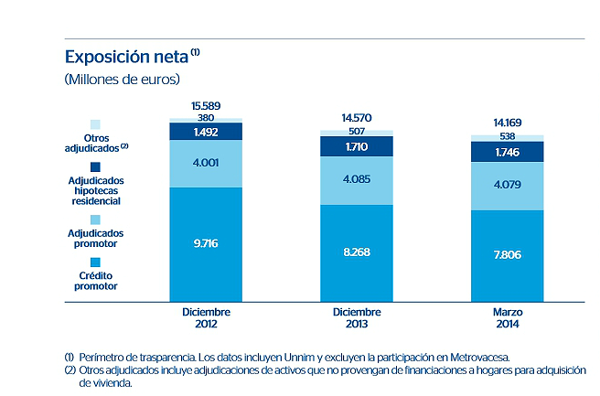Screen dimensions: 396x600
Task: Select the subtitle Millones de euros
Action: click(x=123, y=79)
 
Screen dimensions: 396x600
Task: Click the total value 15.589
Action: click(x=206, y=105)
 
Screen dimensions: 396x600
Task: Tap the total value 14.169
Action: click(x=507, y=123)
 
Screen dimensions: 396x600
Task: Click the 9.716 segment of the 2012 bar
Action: click(x=206, y=244)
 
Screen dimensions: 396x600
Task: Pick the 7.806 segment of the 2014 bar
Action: click(x=507, y=255)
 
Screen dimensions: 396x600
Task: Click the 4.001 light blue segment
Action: click(x=206, y=164)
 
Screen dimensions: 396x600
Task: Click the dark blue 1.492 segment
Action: click(x=206, y=131)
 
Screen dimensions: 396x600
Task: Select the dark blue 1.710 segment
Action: click(x=357, y=146)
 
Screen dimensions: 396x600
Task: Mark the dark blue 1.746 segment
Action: click(x=507, y=152)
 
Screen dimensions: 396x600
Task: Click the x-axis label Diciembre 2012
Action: click(x=206, y=317)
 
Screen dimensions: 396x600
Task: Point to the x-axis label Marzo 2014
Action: click(x=507, y=317)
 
